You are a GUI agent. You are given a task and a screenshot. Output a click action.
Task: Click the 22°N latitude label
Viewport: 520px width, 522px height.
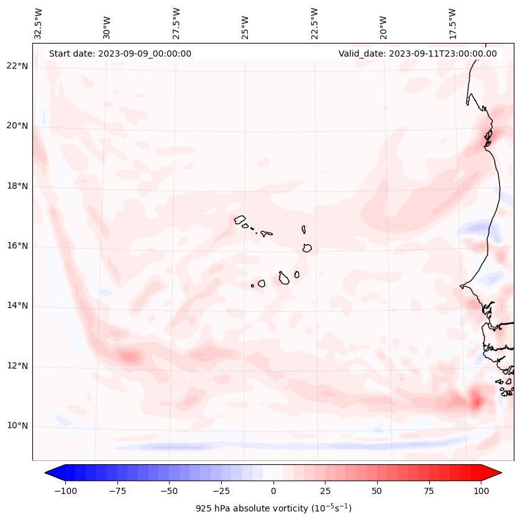[x=17, y=66]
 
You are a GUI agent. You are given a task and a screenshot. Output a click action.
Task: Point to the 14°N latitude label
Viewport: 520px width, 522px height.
[x=17, y=305]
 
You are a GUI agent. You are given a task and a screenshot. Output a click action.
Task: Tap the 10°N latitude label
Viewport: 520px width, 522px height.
[x=17, y=426]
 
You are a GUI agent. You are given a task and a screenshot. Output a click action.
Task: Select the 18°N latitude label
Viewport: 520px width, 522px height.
[x=17, y=186]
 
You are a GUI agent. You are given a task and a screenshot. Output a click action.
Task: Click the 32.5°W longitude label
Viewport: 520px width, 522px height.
[x=39, y=24]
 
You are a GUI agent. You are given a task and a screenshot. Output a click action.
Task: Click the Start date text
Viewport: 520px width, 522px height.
[x=120, y=54]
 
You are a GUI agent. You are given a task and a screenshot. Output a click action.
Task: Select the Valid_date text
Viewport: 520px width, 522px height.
[x=417, y=54]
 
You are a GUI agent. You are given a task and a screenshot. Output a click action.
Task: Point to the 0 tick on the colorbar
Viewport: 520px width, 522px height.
[x=273, y=491]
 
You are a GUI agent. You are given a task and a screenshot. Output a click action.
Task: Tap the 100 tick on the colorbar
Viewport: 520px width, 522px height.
[x=481, y=491]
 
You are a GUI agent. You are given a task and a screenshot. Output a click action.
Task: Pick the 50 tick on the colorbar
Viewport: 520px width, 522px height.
[x=377, y=491]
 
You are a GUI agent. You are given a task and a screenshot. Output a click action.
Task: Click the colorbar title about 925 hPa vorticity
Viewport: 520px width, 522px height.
[x=273, y=508]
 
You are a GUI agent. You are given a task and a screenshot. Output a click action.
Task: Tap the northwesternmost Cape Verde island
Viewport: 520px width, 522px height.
[x=240, y=220]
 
